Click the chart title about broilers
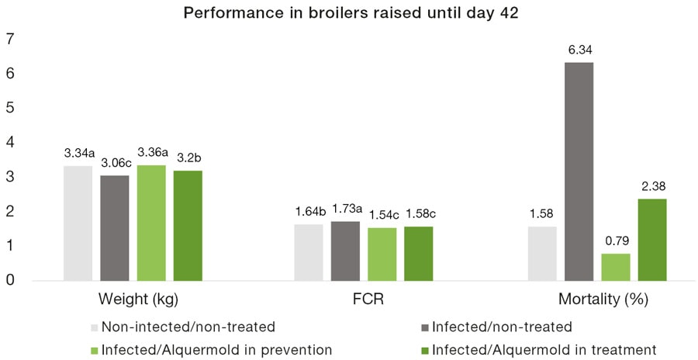349,12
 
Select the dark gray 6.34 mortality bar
579,171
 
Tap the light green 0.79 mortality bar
616,266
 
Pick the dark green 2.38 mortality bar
652,239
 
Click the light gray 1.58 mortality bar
542,253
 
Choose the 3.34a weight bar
78,223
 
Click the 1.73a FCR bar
345,250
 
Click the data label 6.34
579,50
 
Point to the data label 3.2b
188,157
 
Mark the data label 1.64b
309,211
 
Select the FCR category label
364,299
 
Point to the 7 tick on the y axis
11,40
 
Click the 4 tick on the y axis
11,143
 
